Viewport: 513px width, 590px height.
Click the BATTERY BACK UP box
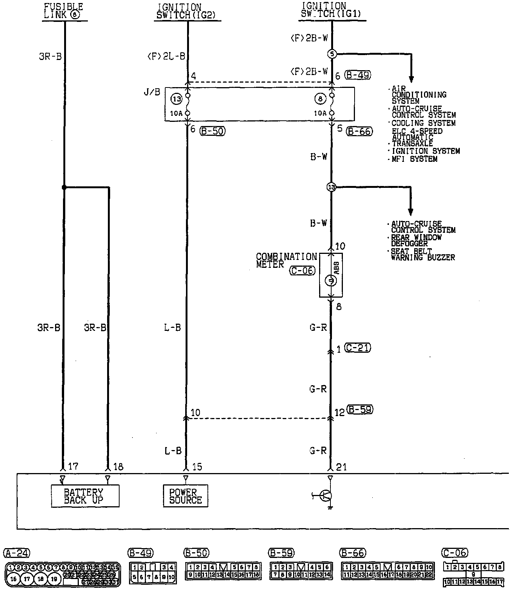pyautogui.click(x=85, y=496)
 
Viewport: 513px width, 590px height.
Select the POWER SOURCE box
pyautogui.click(x=185, y=496)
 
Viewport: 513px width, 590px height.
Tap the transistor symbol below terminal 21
pyautogui.click(x=325, y=496)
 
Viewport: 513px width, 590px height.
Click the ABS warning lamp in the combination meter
pyautogui.click(x=331, y=280)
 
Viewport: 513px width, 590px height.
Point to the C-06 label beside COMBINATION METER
pyautogui.click(x=302, y=270)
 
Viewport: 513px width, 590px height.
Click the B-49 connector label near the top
pyautogui.click(x=358, y=75)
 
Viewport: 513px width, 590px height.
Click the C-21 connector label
pyautogui.click(x=358, y=348)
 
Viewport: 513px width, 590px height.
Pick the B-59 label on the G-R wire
pyautogui.click(x=360, y=410)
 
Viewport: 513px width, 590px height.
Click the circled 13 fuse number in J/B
pyautogui.click(x=177, y=99)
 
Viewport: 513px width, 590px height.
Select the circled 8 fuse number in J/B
pyautogui.click(x=320, y=99)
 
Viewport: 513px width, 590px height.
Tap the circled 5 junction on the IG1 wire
pyautogui.click(x=332, y=54)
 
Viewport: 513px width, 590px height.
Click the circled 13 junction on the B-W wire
pyautogui.click(x=331, y=187)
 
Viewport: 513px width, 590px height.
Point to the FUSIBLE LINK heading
pyautogui.click(x=63, y=11)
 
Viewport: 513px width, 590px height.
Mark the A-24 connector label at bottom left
pyautogui.click(x=16, y=553)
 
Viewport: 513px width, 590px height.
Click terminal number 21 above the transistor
pyautogui.click(x=341, y=467)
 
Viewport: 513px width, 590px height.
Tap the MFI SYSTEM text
pyautogui.click(x=415, y=159)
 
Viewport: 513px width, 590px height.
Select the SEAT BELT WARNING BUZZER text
pyautogui.click(x=422, y=254)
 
